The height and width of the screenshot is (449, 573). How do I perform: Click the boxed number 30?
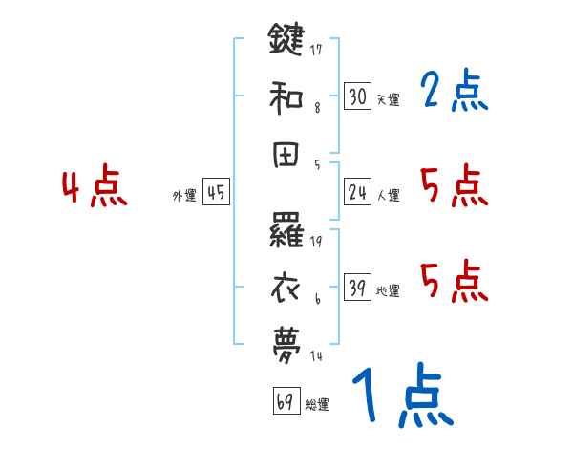pos(357,96)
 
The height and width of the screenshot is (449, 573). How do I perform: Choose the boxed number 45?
pos(216,193)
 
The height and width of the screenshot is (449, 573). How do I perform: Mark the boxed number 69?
pos(284,402)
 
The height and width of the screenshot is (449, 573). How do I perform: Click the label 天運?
pos(388,99)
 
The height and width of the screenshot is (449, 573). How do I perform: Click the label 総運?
pos(316,405)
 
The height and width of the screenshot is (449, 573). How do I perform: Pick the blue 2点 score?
pos(454,93)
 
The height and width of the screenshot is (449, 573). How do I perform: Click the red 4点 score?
pos(95,187)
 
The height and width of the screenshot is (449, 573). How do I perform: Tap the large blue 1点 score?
pos(401,397)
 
